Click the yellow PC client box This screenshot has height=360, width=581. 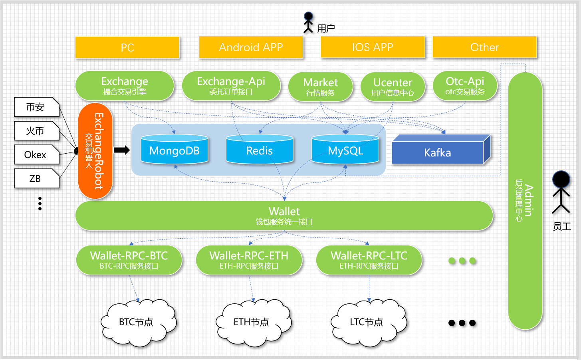(127, 47)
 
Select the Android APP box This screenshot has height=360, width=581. (251, 47)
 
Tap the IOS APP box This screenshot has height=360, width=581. (373, 47)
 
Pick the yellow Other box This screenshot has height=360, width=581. (484, 47)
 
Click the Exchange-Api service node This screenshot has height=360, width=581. (231, 86)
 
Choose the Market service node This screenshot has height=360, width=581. (321, 87)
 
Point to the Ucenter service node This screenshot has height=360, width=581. (393, 87)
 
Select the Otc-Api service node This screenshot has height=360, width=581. (465, 86)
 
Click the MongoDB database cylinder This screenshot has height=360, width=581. (174, 150)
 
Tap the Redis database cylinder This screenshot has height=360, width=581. (260, 150)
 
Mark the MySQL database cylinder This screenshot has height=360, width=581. (345, 150)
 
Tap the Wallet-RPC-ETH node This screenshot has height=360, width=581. (249, 260)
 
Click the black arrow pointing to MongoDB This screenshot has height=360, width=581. (121, 150)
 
